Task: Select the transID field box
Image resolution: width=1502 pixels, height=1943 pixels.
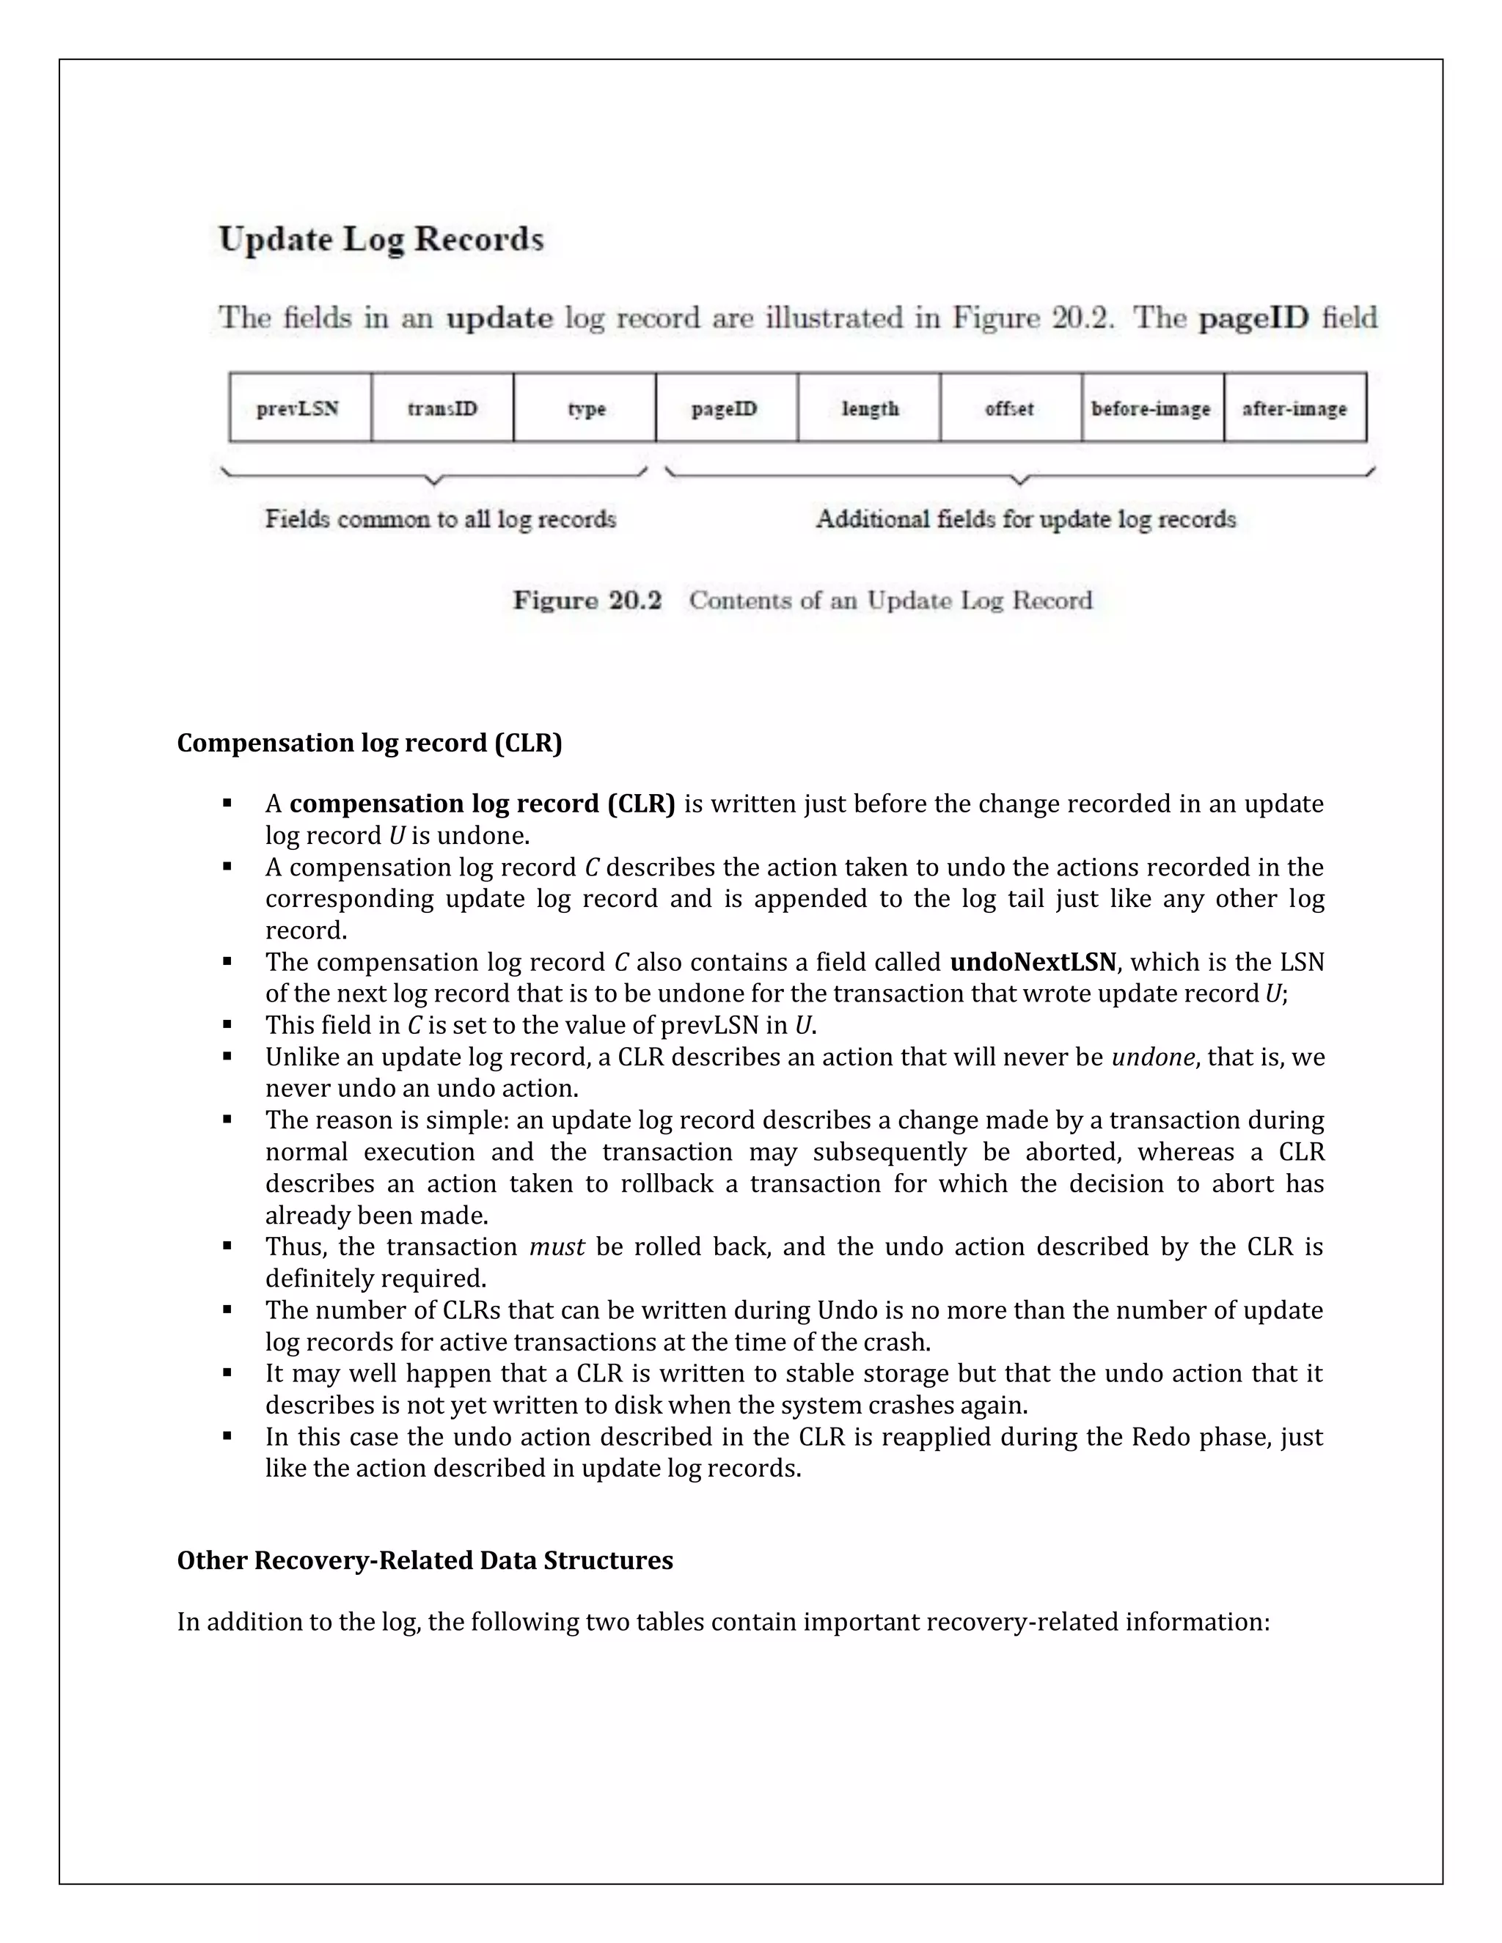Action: [442, 408]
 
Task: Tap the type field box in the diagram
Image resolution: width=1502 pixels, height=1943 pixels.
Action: [585, 408]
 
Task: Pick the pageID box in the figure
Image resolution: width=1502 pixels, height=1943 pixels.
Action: [726, 408]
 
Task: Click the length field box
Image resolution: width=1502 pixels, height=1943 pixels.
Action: [869, 408]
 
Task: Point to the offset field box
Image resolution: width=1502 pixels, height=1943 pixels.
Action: [1011, 408]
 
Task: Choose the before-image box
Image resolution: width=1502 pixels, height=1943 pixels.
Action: [1152, 408]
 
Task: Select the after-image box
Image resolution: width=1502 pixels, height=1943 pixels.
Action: [1294, 408]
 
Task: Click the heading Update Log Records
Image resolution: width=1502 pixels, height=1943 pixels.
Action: [381, 239]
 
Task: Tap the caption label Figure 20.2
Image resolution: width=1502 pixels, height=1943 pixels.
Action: [587, 600]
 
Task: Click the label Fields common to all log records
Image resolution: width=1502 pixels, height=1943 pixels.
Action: [441, 518]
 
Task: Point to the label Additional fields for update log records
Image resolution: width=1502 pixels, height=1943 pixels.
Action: [1026, 518]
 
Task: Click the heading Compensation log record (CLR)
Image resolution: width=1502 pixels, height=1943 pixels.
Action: [370, 743]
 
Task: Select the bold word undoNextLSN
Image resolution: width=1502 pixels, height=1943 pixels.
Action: [1032, 963]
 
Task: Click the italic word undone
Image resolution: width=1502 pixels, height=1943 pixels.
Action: [1152, 1057]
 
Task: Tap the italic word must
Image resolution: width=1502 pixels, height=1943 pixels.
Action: [557, 1246]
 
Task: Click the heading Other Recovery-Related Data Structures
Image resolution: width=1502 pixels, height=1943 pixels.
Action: [425, 1560]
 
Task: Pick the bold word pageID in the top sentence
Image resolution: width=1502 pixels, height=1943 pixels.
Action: [1253, 317]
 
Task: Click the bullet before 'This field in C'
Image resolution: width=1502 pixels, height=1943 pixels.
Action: [228, 1025]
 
